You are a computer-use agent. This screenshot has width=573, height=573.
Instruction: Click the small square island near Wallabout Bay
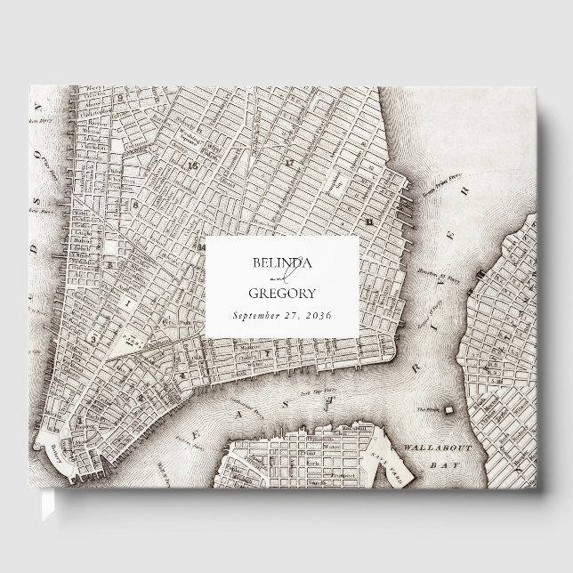point(450,408)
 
